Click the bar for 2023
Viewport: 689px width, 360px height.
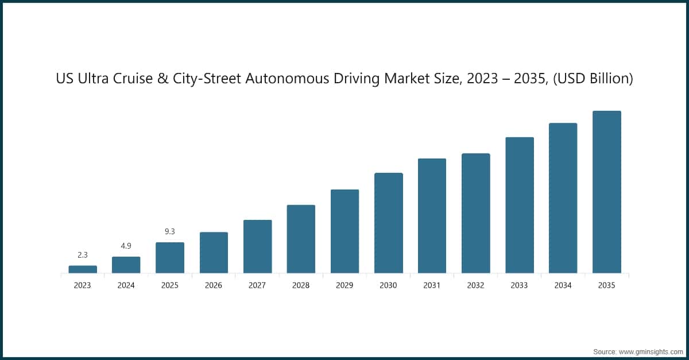pyautogui.click(x=83, y=269)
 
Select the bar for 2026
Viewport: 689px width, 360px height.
pyautogui.click(x=214, y=253)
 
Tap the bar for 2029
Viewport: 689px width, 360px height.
pyautogui.click(x=344, y=231)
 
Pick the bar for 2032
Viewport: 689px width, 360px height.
pyautogui.click(x=476, y=213)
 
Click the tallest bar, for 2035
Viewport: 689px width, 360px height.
pyautogui.click(x=607, y=192)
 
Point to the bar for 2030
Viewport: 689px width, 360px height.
pyautogui.click(x=388, y=223)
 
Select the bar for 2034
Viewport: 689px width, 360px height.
pyautogui.click(x=563, y=198)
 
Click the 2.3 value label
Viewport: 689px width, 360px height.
pyautogui.click(x=83, y=254)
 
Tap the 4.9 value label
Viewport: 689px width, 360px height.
pyautogui.click(x=126, y=246)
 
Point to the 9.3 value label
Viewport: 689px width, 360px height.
pyautogui.click(x=170, y=231)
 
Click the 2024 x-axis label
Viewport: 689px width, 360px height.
pyautogui.click(x=126, y=285)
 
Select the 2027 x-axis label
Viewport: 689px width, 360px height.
pyautogui.click(x=257, y=285)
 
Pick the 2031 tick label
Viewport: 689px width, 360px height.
pyautogui.click(x=432, y=285)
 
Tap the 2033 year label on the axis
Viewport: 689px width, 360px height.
pyautogui.click(x=519, y=285)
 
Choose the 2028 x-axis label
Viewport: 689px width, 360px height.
pyautogui.click(x=301, y=285)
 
